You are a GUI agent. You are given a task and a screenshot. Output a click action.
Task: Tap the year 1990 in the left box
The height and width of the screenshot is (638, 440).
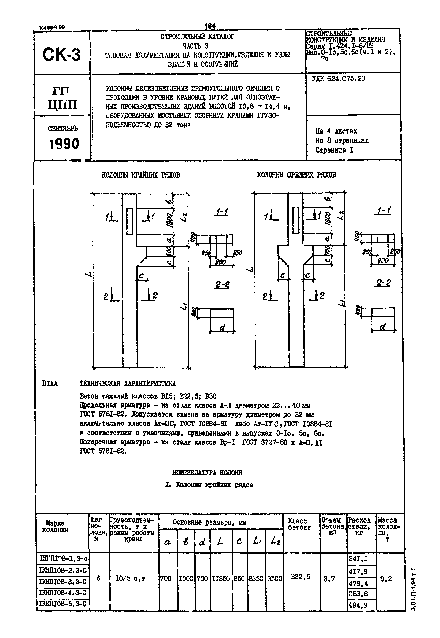64,144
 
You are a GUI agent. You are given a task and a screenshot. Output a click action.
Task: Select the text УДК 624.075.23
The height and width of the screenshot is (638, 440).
339,79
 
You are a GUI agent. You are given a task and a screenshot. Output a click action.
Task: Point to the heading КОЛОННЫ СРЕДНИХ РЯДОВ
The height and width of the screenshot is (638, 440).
296,175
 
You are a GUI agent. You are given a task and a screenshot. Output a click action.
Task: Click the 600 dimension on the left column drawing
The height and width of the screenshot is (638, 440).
169,251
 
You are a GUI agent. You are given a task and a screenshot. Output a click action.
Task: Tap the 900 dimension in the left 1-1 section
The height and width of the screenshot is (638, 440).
220,262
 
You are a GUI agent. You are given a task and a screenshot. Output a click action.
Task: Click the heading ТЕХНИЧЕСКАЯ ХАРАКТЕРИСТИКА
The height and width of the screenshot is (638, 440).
128,384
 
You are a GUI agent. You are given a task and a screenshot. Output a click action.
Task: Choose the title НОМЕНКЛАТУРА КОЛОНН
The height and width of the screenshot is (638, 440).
207,473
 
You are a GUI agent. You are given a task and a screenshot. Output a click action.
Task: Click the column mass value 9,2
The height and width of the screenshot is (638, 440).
386,579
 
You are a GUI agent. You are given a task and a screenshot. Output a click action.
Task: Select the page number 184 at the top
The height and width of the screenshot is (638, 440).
210,26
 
